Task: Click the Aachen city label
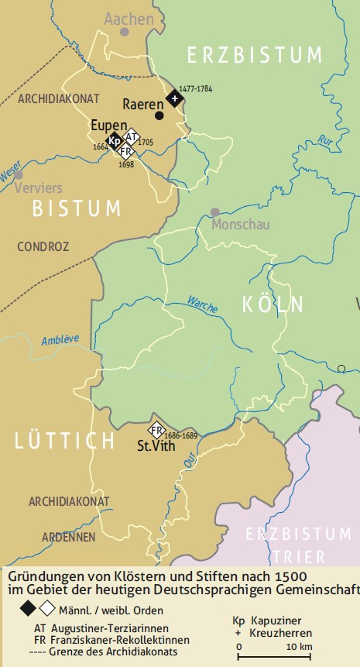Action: pyautogui.click(x=129, y=18)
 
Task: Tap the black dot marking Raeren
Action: pyautogui.click(x=159, y=115)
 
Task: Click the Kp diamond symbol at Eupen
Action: pyautogui.click(x=115, y=141)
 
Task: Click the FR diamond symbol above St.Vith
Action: pyautogui.click(x=157, y=431)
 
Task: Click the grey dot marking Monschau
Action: pyautogui.click(x=215, y=211)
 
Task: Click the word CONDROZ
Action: pyautogui.click(x=43, y=246)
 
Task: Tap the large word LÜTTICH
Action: pyautogui.click(x=65, y=442)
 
